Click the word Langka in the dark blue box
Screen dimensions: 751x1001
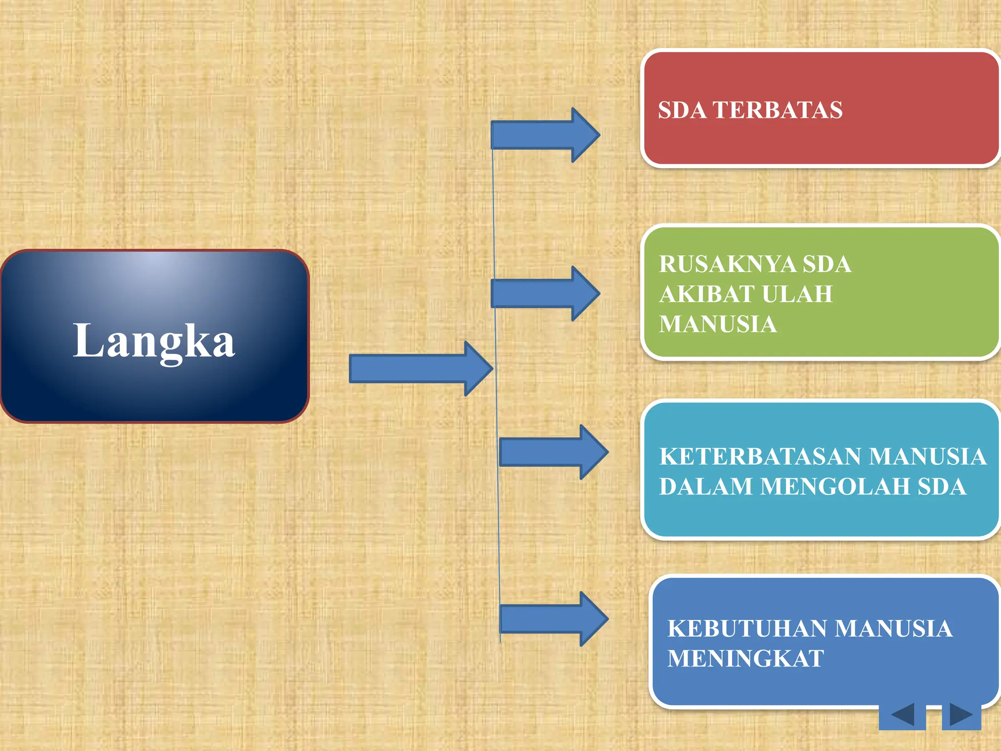[x=154, y=341]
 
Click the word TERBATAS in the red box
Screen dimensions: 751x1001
[x=777, y=110]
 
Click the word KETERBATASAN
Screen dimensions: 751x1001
[x=760, y=456]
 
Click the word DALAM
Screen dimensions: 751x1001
[x=706, y=486]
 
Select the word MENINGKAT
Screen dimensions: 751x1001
[x=745, y=659]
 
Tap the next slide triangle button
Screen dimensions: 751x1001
[x=961, y=715]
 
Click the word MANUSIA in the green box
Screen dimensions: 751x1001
[x=718, y=324]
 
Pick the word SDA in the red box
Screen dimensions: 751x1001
[x=682, y=110]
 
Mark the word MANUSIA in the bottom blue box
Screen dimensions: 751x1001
[x=894, y=629]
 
